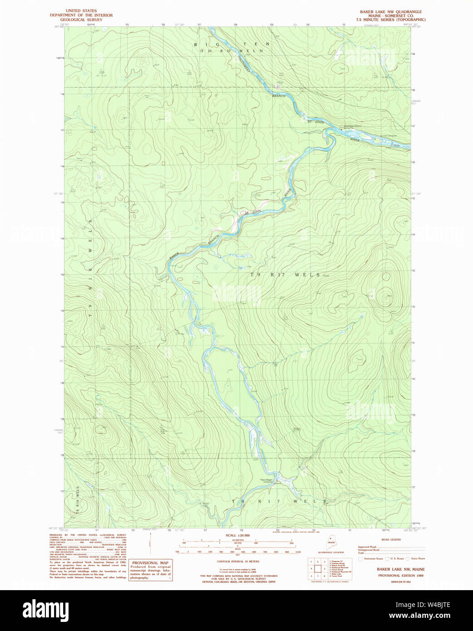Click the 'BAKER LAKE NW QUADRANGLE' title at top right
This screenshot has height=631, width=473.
tap(390, 12)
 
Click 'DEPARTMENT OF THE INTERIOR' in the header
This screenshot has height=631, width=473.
tap(81, 15)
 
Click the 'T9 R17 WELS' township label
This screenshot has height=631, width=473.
tap(285, 275)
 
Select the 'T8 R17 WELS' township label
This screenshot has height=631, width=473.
tap(279, 501)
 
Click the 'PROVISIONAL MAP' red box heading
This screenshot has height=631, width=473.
tap(150, 563)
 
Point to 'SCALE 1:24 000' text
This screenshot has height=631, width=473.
tap(237, 536)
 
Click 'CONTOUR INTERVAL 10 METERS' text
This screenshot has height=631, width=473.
tap(238, 562)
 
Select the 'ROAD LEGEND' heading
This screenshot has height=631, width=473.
tap(391, 540)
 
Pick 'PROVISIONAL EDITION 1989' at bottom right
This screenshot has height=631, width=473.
tap(400, 575)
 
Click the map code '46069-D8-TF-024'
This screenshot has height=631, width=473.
tap(400, 582)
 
